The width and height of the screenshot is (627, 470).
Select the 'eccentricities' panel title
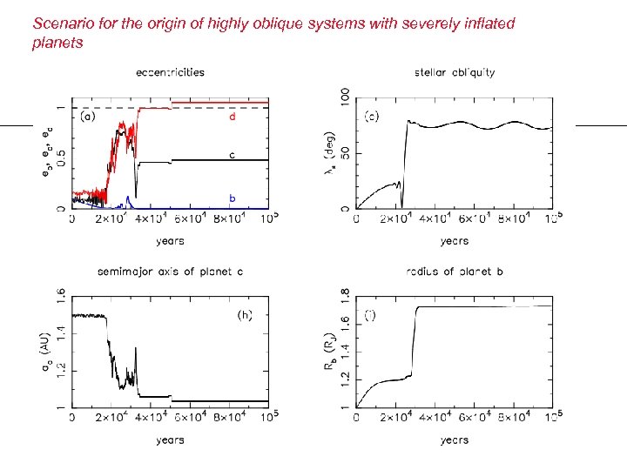click(x=170, y=72)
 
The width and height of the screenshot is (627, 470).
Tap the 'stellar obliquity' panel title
click(x=455, y=72)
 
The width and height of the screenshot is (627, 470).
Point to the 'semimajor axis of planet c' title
click(x=169, y=272)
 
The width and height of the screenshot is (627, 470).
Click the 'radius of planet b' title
click(x=454, y=272)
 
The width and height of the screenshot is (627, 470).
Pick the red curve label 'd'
click(x=233, y=116)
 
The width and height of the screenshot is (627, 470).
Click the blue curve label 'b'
click(x=233, y=198)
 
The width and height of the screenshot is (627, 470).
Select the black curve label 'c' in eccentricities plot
click(x=233, y=155)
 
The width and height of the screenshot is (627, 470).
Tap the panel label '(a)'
click(x=89, y=116)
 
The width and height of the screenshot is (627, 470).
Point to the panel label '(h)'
click(x=245, y=315)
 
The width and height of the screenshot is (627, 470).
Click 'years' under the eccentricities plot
click(x=170, y=241)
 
